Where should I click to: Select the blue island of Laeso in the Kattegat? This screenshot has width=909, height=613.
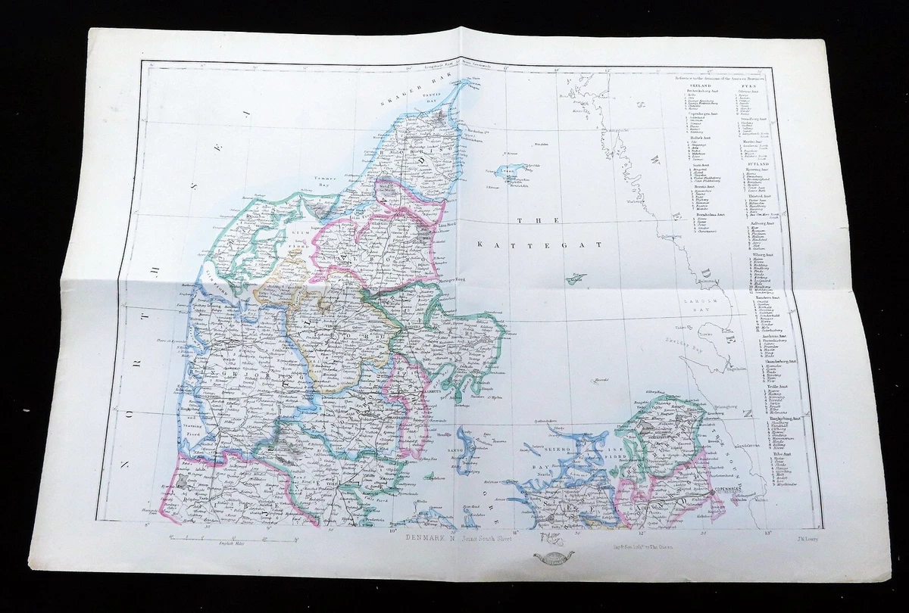pos(508,173)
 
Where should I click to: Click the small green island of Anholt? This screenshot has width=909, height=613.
pos(576,279)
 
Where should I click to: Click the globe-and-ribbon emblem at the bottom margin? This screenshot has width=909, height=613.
pos(554,559)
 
